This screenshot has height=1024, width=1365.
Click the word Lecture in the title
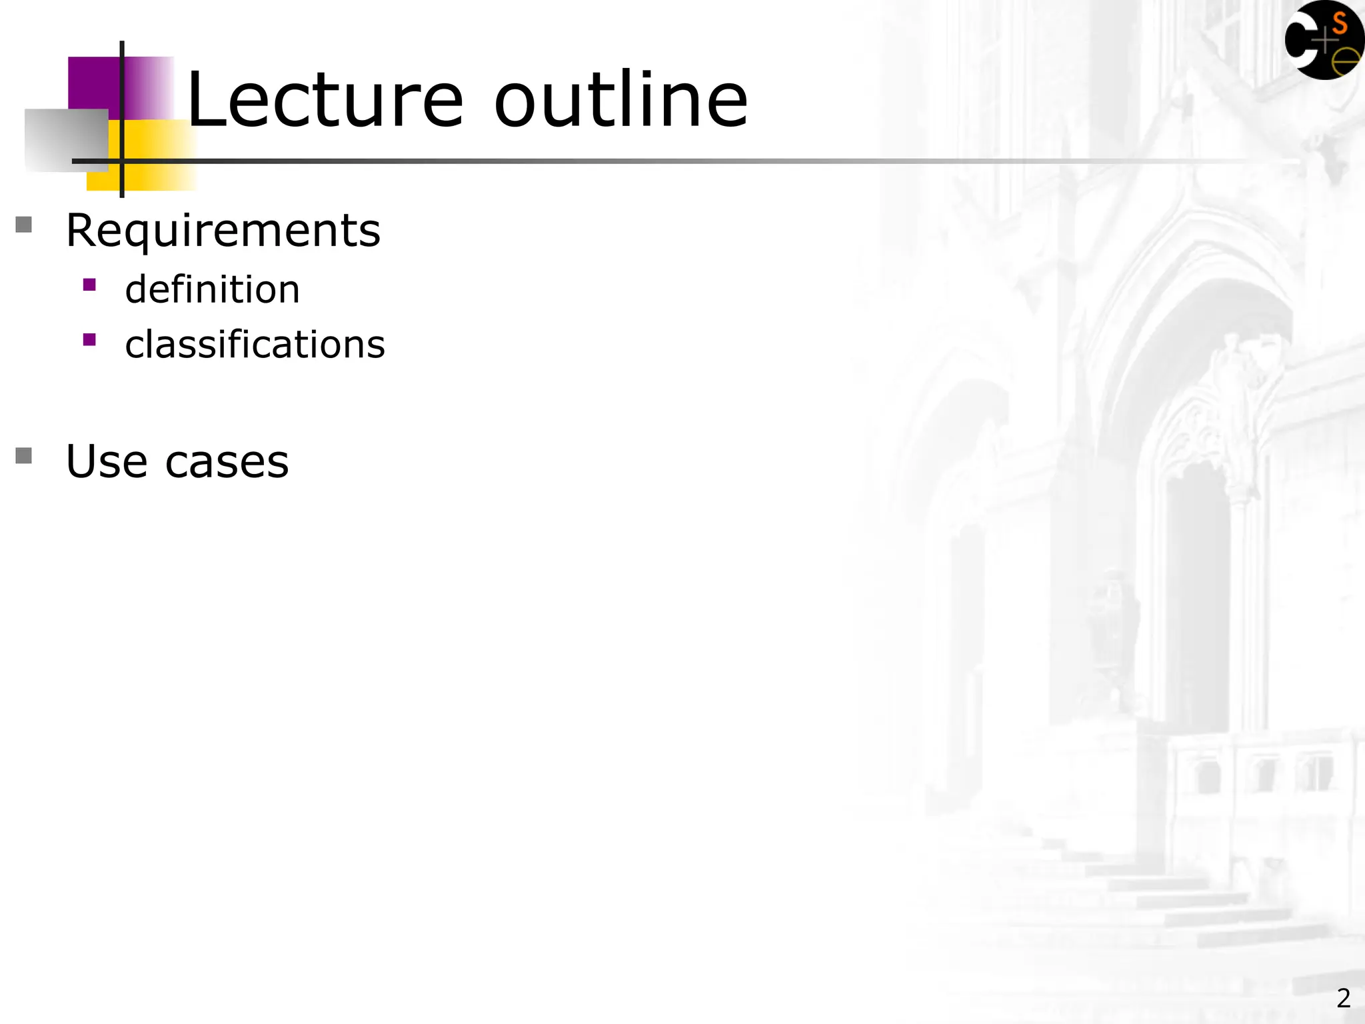coord(325,101)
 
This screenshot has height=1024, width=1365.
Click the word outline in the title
coord(621,101)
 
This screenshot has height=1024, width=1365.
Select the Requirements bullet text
coord(223,231)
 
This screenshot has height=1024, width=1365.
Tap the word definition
coord(213,290)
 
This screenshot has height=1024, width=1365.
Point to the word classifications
coord(255,345)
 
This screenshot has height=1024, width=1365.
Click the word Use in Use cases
coord(107,461)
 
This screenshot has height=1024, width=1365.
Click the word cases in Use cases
coord(227,463)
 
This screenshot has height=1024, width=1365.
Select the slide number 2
coord(1343,998)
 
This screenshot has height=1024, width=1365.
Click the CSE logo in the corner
coord(1324,40)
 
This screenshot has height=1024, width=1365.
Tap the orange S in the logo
coord(1339,24)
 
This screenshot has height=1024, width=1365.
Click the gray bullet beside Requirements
coord(24,225)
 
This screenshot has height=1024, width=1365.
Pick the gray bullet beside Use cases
coord(24,456)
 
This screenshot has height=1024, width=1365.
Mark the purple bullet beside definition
coord(89,285)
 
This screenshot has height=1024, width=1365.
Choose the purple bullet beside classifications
coord(89,340)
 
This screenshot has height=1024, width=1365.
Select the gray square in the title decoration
coord(65,140)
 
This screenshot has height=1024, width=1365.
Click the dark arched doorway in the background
coord(1196,600)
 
